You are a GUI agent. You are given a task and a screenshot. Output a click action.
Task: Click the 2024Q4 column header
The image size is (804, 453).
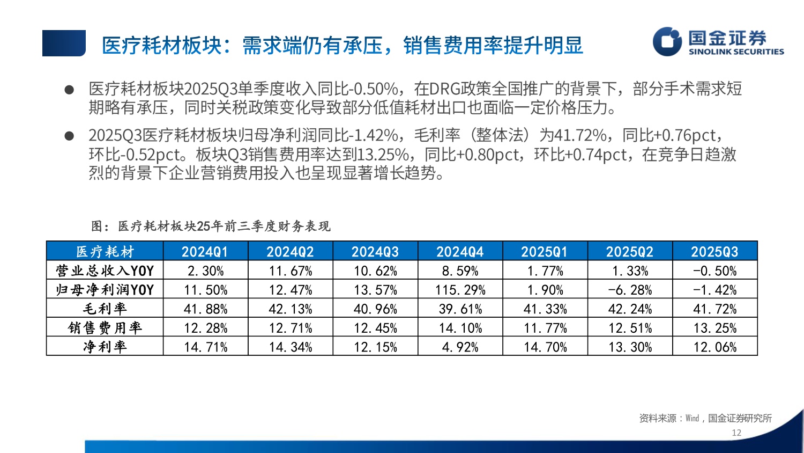click(x=460, y=251)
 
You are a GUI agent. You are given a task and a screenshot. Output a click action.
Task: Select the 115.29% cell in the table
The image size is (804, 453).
click(x=460, y=290)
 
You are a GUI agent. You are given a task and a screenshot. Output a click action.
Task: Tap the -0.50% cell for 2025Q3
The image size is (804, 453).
click(x=714, y=271)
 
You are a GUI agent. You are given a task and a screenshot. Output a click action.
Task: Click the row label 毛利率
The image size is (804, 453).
click(x=105, y=309)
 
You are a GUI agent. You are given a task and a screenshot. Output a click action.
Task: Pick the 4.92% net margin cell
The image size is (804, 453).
click(x=460, y=347)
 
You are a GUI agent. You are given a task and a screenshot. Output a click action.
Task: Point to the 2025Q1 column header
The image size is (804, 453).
click(x=545, y=251)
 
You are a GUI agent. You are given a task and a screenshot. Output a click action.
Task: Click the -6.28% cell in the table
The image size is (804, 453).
click(x=630, y=290)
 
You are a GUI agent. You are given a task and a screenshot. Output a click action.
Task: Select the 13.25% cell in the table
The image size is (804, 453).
click(x=714, y=328)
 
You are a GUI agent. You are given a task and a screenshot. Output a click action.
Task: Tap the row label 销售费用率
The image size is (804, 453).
click(x=105, y=328)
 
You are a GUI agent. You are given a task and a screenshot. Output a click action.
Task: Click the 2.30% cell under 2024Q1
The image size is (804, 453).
click(x=205, y=271)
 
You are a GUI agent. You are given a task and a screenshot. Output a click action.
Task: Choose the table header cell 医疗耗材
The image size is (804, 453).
click(x=105, y=251)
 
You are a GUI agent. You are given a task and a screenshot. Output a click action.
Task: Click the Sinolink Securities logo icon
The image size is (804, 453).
click(x=667, y=41)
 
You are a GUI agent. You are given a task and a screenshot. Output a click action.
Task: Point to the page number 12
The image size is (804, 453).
click(x=736, y=433)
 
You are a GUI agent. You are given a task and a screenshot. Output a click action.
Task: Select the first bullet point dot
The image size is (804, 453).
click(x=69, y=90)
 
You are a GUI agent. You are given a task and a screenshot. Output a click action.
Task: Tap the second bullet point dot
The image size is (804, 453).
click(x=69, y=136)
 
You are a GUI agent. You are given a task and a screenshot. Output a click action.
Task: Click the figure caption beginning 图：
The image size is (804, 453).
click(x=211, y=226)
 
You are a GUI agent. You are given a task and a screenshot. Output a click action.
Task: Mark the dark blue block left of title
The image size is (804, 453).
click(x=64, y=43)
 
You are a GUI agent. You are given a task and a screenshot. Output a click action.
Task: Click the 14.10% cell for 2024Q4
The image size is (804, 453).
click(x=460, y=328)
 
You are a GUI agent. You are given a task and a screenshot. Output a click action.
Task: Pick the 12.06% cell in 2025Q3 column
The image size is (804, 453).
click(x=714, y=347)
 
